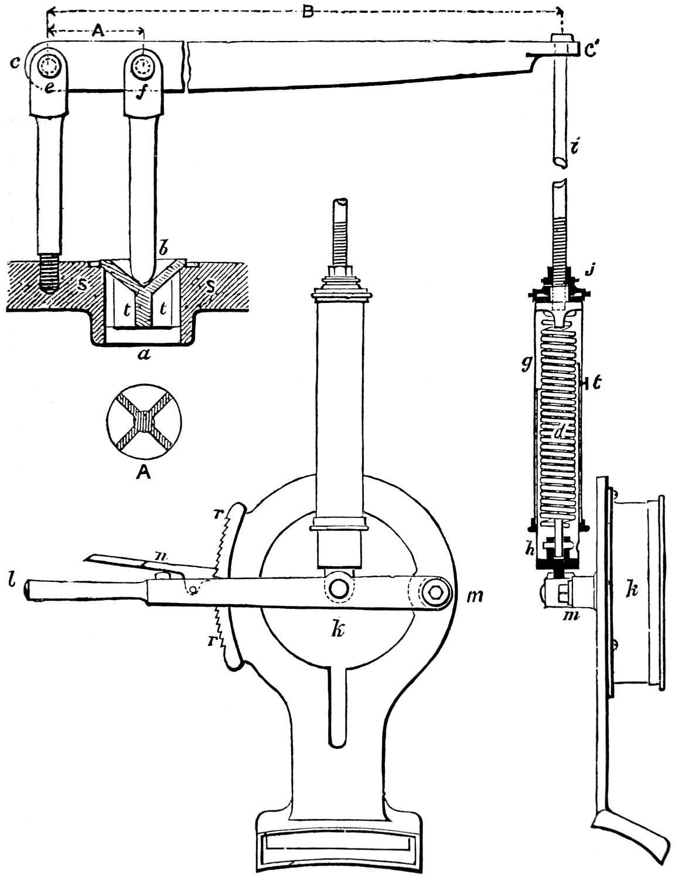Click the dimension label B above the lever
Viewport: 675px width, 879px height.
click(x=307, y=12)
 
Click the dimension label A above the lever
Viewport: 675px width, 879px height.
click(x=98, y=32)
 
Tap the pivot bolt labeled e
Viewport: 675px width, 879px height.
click(x=46, y=68)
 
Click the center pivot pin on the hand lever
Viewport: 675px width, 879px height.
click(x=339, y=588)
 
